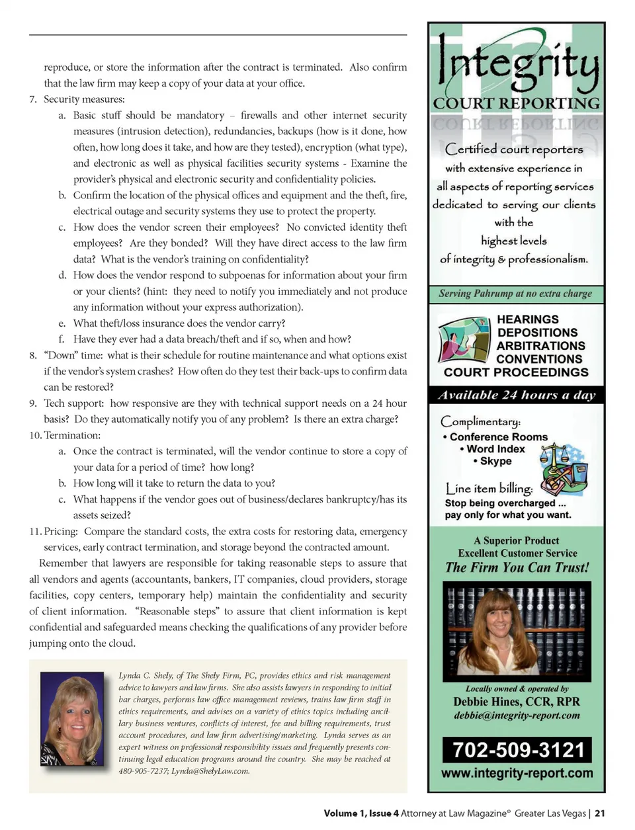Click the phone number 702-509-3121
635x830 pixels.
pyautogui.click(x=517, y=749)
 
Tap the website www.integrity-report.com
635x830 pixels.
pyautogui.click(x=517, y=773)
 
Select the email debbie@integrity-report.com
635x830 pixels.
pyautogui.click(x=517, y=716)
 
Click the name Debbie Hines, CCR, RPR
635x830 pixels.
pyautogui.click(x=517, y=702)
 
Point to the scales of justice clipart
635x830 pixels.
pyautogui.click(x=563, y=468)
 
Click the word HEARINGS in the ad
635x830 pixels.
pyautogui.click(x=527, y=319)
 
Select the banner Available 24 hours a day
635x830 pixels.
pyautogui.click(x=517, y=395)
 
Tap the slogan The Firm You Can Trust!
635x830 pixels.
pyautogui.click(x=517, y=567)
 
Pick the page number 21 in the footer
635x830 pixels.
pyautogui.click(x=600, y=813)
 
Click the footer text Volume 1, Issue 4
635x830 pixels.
pyautogui.click(x=361, y=813)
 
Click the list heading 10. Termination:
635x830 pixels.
pyautogui.click(x=65, y=435)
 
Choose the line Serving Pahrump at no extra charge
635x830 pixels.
pyautogui.click(x=515, y=294)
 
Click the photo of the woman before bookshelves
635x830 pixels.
pyautogui.click(x=516, y=631)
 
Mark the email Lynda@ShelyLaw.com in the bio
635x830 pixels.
pyautogui.click(x=210, y=771)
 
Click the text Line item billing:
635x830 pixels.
pyautogui.click(x=489, y=489)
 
